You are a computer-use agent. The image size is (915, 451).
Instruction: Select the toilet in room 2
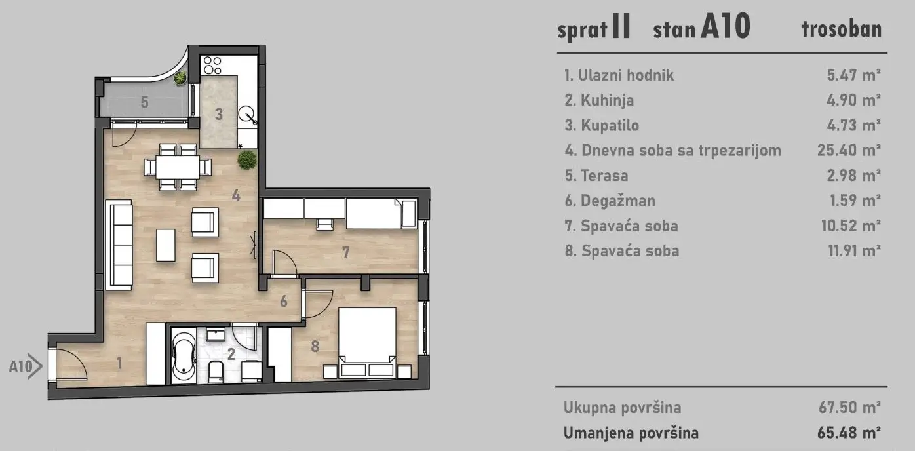pos(216,372)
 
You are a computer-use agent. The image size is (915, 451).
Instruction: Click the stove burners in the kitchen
pos(212,65)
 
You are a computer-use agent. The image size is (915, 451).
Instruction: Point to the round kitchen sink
pos(248,115)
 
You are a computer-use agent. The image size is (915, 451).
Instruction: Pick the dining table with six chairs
pos(178,167)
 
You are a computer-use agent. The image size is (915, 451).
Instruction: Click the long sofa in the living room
pos(119,244)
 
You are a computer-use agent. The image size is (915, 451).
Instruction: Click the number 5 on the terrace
pos(144,102)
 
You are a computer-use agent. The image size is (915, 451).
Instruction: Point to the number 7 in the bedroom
pos(345,251)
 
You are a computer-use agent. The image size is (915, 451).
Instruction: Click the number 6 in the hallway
pos(283,302)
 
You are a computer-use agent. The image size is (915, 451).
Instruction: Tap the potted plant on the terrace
pos(180,79)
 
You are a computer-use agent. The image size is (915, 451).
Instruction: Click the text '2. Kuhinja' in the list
pos(599,100)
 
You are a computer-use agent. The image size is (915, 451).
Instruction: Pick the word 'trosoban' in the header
pos(841,29)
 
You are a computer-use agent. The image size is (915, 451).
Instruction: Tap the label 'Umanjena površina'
pos(631,433)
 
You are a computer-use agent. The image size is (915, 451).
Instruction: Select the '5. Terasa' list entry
pos(596,176)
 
